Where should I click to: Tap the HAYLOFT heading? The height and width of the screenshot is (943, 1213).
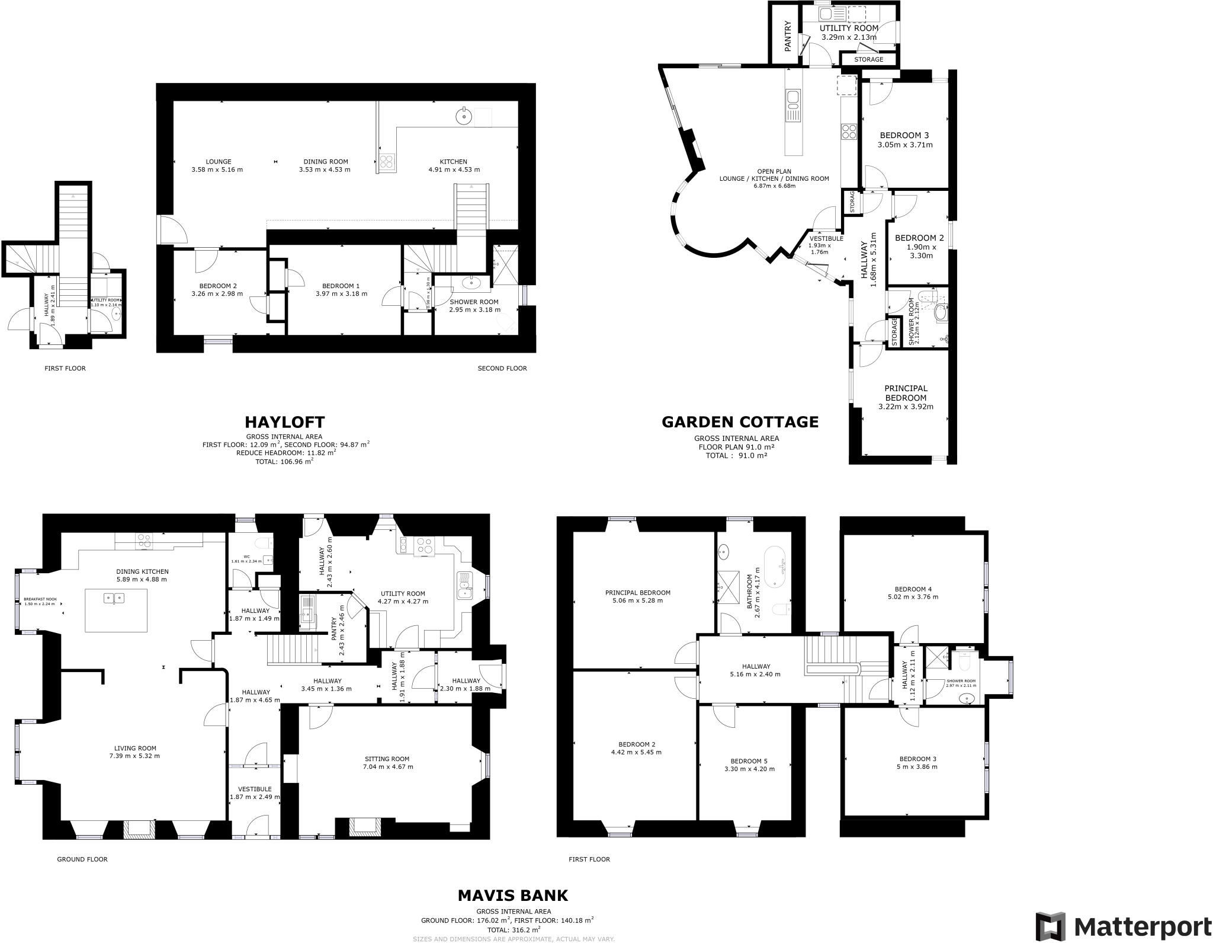pyautogui.click(x=285, y=422)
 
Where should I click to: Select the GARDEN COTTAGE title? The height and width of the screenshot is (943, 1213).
pyautogui.click(x=740, y=421)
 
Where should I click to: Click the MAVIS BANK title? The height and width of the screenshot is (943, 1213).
pyautogui.click(x=513, y=895)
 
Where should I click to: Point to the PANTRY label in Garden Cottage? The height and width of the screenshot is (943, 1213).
pyautogui.click(x=787, y=36)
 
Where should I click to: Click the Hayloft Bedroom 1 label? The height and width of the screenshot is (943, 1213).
pyautogui.click(x=337, y=286)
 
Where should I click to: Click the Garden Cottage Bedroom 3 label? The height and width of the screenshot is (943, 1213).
pyautogui.click(x=904, y=135)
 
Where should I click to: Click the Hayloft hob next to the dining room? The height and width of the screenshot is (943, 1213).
pyautogui.click(x=387, y=162)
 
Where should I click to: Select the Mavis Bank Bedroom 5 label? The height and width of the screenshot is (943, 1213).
pyautogui.click(x=749, y=761)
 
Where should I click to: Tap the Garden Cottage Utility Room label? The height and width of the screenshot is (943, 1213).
pyautogui.click(x=849, y=28)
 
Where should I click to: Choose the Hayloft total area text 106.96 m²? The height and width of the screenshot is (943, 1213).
pyautogui.click(x=284, y=461)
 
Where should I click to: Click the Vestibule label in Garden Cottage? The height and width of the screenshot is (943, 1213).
pyautogui.click(x=826, y=238)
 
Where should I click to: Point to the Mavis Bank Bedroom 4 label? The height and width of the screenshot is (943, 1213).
pyautogui.click(x=913, y=589)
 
